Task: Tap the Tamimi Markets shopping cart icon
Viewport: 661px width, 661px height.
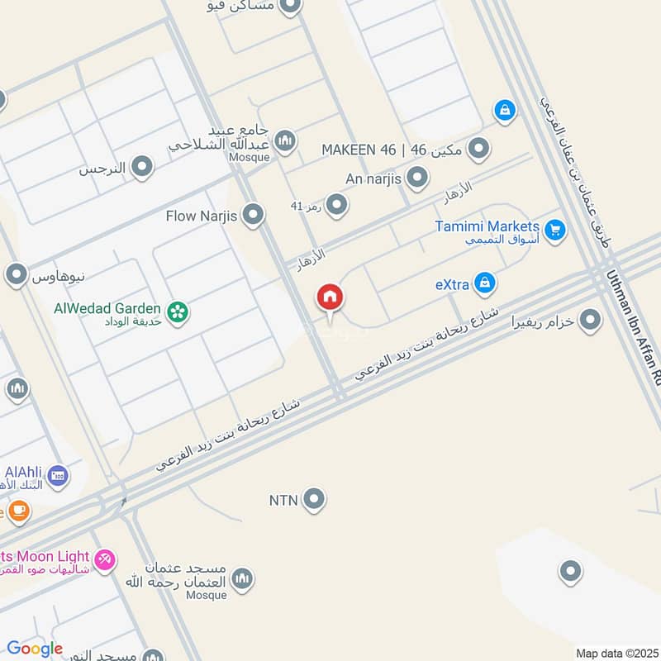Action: pos(554,231)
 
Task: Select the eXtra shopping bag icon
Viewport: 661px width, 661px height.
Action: pos(486,283)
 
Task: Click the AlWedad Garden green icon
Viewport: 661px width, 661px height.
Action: pos(176,311)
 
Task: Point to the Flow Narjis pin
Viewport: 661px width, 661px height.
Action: pos(254,216)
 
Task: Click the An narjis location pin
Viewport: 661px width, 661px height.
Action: pos(418,177)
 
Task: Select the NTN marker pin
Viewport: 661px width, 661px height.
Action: pos(314,499)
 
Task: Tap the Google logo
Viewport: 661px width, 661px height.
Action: pos(35,649)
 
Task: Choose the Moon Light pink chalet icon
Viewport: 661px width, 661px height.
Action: pos(105,561)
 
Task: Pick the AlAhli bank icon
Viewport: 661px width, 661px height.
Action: pos(58,475)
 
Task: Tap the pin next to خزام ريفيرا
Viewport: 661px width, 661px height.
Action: pos(590,320)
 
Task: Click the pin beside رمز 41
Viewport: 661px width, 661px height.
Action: pos(336,204)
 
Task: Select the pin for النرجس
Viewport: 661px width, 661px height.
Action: pos(143,168)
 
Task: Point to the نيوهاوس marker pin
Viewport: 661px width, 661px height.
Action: pos(17,273)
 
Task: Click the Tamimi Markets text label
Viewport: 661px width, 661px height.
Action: pos(488,226)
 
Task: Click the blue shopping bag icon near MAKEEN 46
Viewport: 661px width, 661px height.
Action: pos(504,109)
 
